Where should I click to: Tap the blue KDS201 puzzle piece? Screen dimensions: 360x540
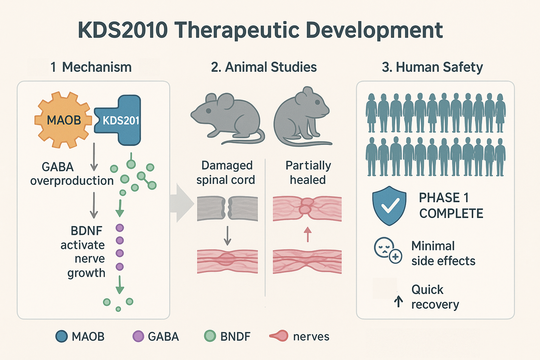click(x=120, y=120)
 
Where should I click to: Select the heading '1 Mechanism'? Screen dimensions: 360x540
click(x=91, y=67)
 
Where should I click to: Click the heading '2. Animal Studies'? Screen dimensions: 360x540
click(x=264, y=67)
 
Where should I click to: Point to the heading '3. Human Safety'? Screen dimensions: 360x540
click(x=432, y=67)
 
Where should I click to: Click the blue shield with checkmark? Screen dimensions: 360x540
click(x=389, y=205)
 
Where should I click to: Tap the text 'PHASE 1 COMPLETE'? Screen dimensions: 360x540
click(x=451, y=205)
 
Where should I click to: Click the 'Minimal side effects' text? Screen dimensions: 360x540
click(x=443, y=253)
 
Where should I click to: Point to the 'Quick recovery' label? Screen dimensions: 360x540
click(x=435, y=297)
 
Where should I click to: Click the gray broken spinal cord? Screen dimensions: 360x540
click(x=227, y=208)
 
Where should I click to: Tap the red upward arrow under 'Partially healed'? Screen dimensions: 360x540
click(x=307, y=234)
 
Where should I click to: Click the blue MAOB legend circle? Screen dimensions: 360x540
click(x=61, y=336)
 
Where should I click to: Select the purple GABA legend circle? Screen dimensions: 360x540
click(x=138, y=336)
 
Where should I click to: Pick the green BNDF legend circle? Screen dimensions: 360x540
click(x=210, y=336)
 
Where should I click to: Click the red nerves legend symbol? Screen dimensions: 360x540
click(x=279, y=336)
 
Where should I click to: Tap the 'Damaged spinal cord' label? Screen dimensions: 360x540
click(x=226, y=172)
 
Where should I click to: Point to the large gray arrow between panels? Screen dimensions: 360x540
click(x=182, y=203)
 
